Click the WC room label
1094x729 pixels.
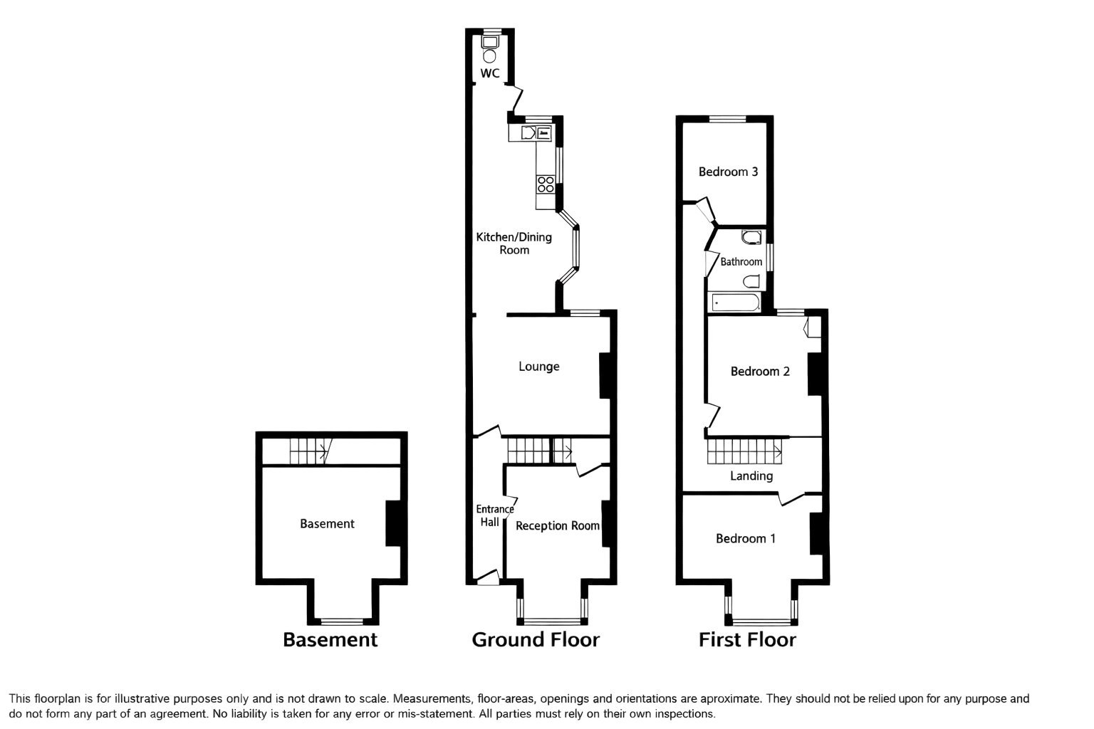pyautogui.click(x=489, y=73)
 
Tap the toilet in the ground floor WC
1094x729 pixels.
pyautogui.click(x=490, y=51)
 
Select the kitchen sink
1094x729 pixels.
pyautogui.click(x=528, y=132)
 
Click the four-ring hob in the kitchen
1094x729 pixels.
pyautogui.click(x=546, y=184)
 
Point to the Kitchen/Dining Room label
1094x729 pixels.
pyautogui.click(x=514, y=243)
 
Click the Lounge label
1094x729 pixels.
pyautogui.click(x=538, y=367)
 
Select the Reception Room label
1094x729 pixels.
pyautogui.click(x=557, y=526)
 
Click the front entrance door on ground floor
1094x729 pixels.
pyautogui.click(x=487, y=577)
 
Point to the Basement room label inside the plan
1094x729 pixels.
pyautogui.click(x=327, y=524)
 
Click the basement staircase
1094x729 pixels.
pyautogui.click(x=308, y=451)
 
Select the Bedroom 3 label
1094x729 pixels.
pyautogui.click(x=728, y=172)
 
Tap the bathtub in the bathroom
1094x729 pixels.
pyautogui.click(x=734, y=303)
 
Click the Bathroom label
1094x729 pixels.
pyautogui.click(x=741, y=262)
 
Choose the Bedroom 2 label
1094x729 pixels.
pyautogui.click(x=760, y=372)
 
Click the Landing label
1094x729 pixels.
pyautogui.click(x=751, y=476)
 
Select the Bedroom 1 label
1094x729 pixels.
pyautogui.click(x=746, y=539)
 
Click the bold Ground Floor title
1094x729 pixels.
pyautogui.click(x=536, y=640)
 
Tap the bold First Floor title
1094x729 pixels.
pyautogui.click(x=747, y=640)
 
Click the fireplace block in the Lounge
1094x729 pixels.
pyautogui.click(x=605, y=375)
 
